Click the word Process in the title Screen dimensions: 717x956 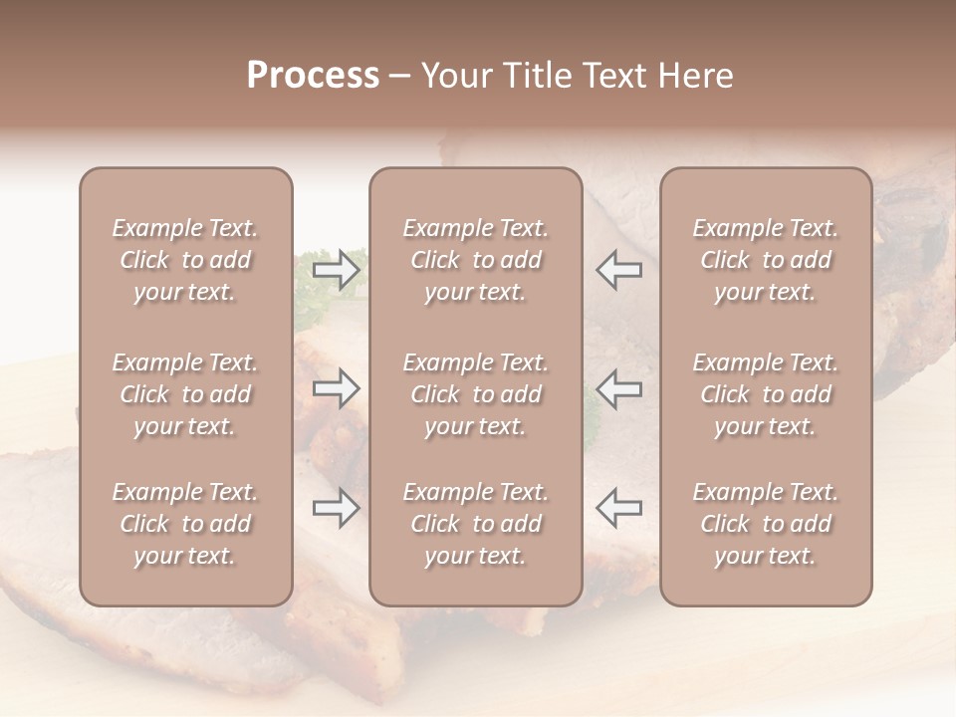point(313,76)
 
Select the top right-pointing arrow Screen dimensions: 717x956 point(336,270)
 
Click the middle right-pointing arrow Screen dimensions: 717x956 point(336,388)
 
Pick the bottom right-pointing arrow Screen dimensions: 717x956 point(336,508)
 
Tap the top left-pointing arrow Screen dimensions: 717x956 point(618,270)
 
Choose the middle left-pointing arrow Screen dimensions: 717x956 point(618,388)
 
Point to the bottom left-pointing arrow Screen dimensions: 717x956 point(618,508)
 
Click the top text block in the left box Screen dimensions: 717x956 point(185,260)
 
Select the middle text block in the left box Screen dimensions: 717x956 point(185,394)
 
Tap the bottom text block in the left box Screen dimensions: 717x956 point(185,524)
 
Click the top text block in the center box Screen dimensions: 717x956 point(475,260)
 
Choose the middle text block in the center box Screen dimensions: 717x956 point(475,394)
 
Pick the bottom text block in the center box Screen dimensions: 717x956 point(475,524)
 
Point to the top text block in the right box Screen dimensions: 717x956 point(765,260)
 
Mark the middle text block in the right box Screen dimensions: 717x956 point(765,394)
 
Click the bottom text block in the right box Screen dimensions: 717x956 point(765,524)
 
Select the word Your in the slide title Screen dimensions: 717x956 point(455,76)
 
